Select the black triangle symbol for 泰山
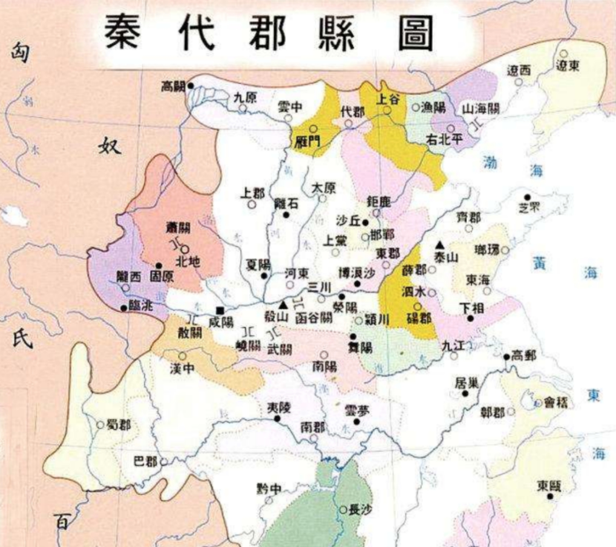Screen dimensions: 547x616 (x=440, y=245)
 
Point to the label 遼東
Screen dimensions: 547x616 (x=567, y=66)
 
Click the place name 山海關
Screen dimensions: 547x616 (x=481, y=109)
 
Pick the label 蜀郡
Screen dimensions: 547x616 (x=118, y=424)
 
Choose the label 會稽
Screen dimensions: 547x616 (x=556, y=403)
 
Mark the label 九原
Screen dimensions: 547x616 (x=245, y=98)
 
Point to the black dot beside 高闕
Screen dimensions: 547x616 (x=190, y=85)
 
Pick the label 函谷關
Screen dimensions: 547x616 (x=314, y=318)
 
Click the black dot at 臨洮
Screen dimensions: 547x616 (x=124, y=308)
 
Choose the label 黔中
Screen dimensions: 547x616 (x=269, y=489)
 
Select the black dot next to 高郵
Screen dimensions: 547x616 (x=507, y=356)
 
